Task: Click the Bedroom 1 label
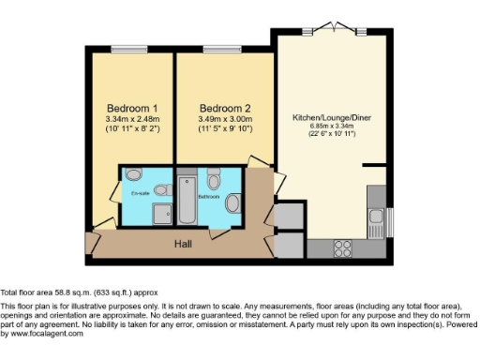(x=131, y=106)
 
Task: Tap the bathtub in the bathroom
(x=185, y=199)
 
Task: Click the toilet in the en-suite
(x=133, y=174)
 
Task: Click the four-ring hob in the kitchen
(x=342, y=248)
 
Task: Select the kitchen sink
(x=378, y=223)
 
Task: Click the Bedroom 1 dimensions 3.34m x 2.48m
(x=131, y=118)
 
